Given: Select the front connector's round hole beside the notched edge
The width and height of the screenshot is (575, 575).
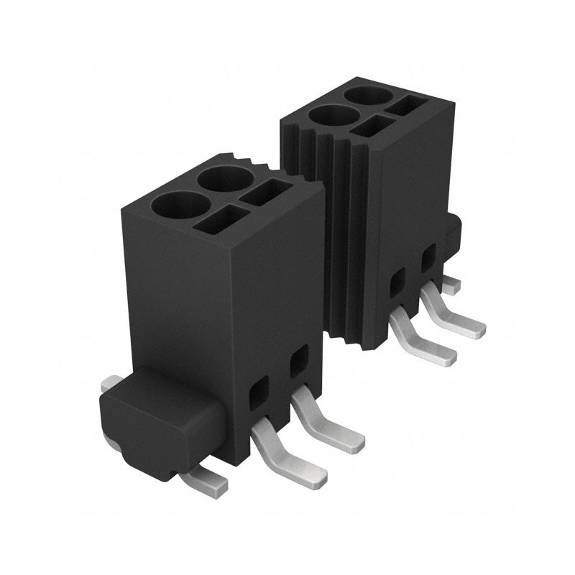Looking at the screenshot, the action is (224, 179).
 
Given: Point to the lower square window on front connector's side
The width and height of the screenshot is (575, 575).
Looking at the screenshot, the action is (257, 392).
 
